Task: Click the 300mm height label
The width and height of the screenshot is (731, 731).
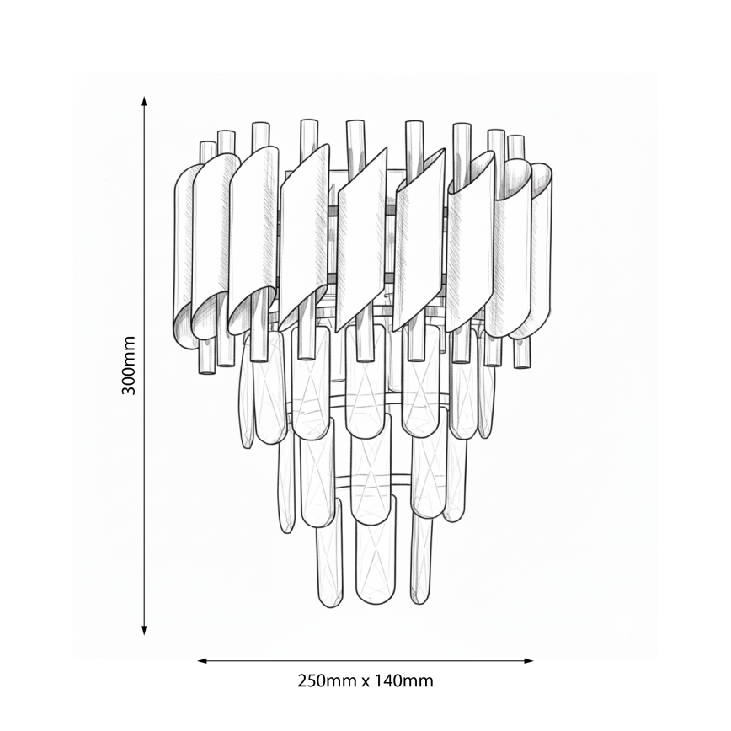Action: (x=129, y=365)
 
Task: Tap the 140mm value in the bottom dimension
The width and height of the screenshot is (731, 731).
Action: (x=403, y=680)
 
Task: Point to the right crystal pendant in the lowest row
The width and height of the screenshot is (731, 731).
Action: (x=420, y=560)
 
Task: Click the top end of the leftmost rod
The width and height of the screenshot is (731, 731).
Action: (x=207, y=146)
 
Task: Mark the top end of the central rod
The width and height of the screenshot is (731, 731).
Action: (x=355, y=125)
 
